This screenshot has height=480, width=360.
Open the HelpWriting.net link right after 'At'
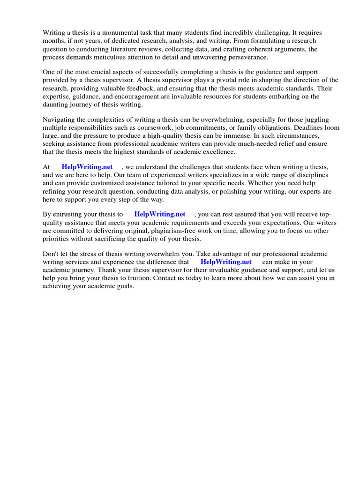[87, 167]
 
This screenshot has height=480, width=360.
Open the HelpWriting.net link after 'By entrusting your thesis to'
[160, 215]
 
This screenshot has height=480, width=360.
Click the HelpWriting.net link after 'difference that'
[226, 262]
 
